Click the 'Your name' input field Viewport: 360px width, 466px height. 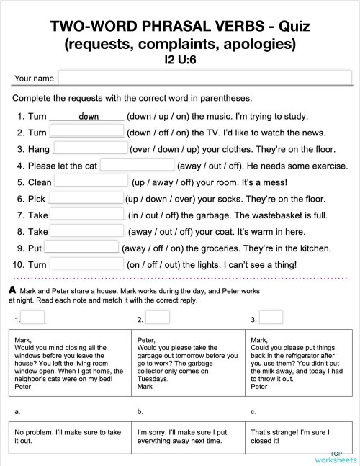coord(205,78)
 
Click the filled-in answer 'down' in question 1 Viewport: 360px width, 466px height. coord(89,117)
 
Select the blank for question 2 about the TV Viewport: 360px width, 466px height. coord(86,132)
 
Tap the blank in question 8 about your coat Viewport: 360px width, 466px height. coord(88,231)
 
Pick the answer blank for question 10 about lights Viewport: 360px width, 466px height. coord(86,264)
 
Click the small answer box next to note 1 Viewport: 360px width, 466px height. coord(34,318)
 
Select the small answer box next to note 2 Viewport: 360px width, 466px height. coord(158,318)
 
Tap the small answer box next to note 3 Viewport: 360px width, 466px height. coord(271,318)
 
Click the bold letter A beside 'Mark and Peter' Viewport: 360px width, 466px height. coord(12,290)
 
